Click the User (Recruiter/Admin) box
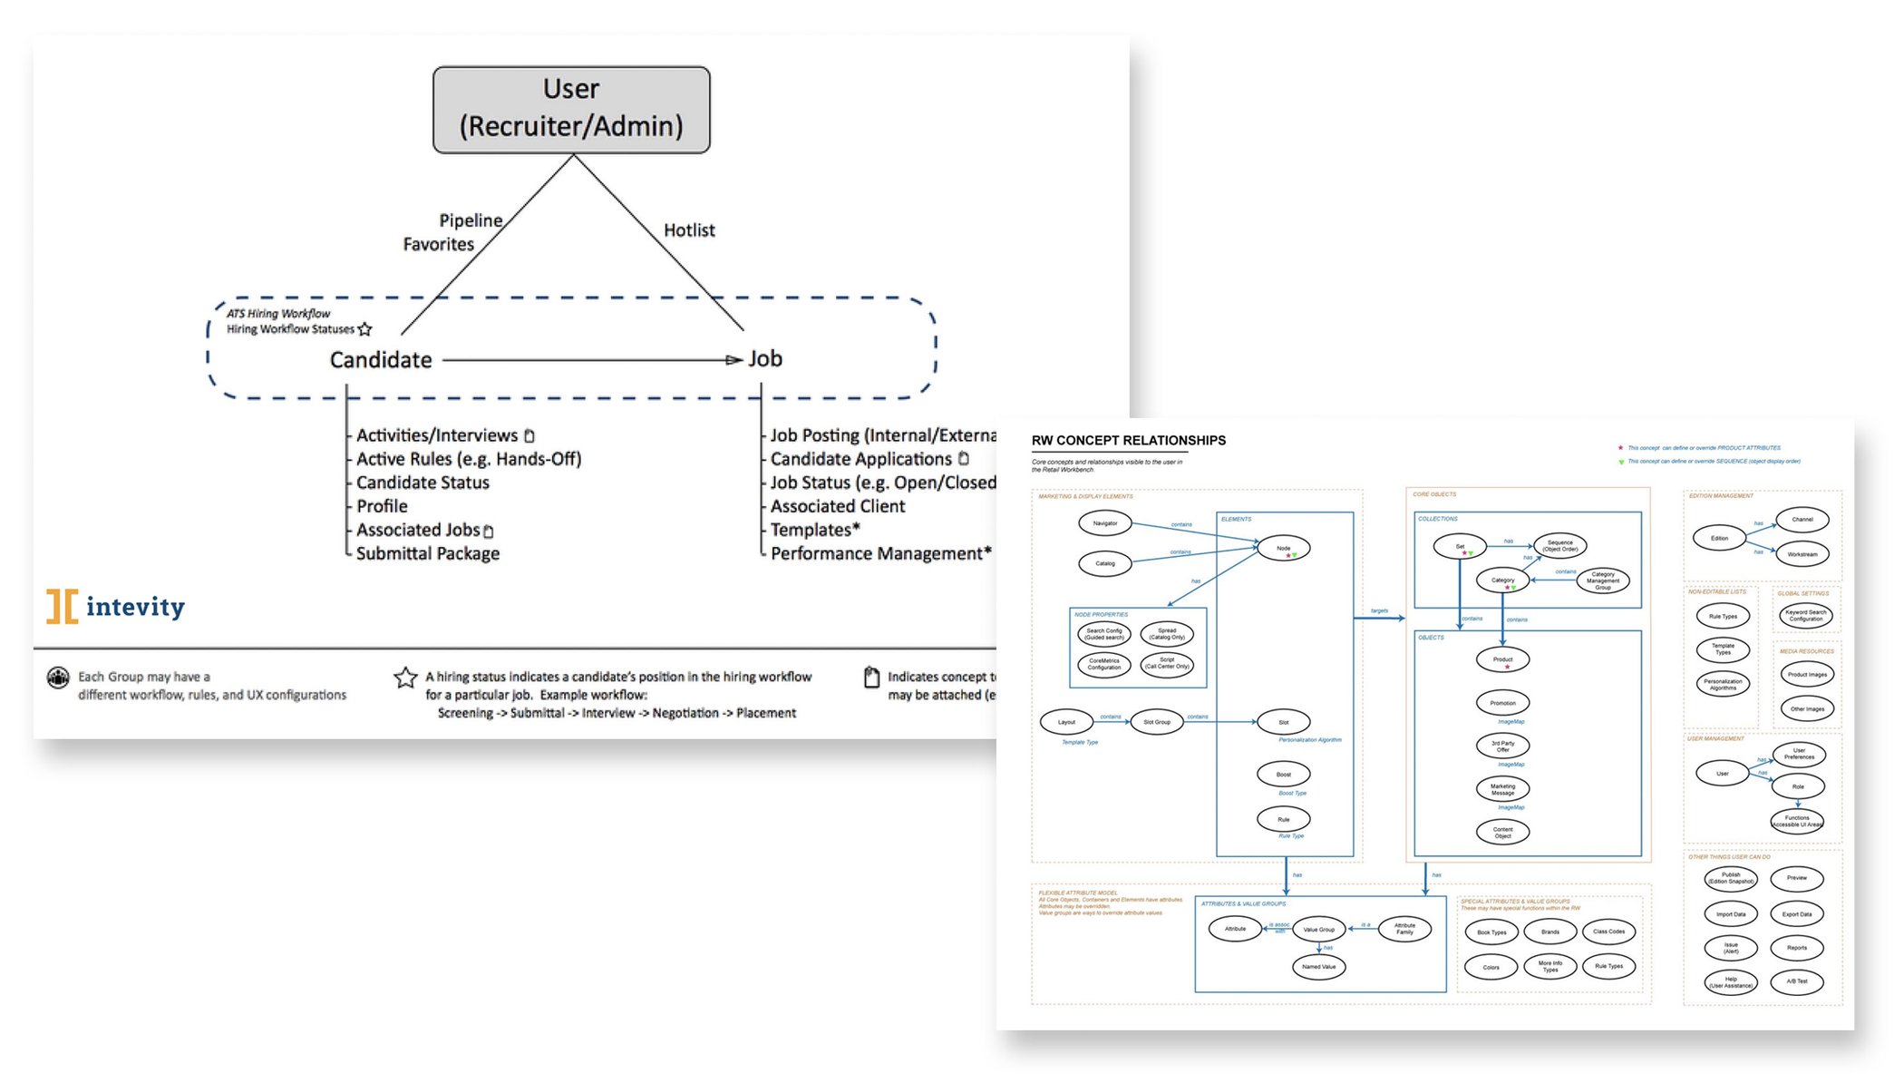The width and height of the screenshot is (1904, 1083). (x=571, y=109)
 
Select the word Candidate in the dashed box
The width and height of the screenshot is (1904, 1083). (x=381, y=360)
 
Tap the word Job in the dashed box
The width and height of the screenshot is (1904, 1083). (x=765, y=359)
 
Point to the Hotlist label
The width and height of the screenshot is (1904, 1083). (x=689, y=230)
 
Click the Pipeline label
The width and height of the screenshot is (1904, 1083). (x=471, y=220)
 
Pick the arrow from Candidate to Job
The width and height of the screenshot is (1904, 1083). (x=589, y=360)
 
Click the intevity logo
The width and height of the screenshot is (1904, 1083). (x=116, y=606)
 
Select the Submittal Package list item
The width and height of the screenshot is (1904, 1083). (x=427, y=553)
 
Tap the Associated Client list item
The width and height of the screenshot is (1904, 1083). (x=837, y=506)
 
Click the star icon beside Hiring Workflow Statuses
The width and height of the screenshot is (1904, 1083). (x=365, y=329)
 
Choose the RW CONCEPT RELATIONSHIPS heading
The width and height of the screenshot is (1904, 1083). (x=1128, y=440)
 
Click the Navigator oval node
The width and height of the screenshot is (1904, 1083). (x=1104, y=523)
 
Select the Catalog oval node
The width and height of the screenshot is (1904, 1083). (x=1104, y=563)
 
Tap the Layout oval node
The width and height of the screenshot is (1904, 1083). (x=1066, y=722)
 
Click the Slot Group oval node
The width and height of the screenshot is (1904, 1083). (x=1156, y=722)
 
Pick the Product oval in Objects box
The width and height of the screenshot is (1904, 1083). (x=1502, y=659)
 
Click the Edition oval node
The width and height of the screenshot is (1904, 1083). (x=1719, y=538)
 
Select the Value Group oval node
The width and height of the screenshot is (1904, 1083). (x=1318, y=929)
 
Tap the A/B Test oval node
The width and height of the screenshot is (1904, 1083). (x=1796, y=981)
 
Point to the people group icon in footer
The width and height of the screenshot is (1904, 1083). (x=58, y=678)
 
